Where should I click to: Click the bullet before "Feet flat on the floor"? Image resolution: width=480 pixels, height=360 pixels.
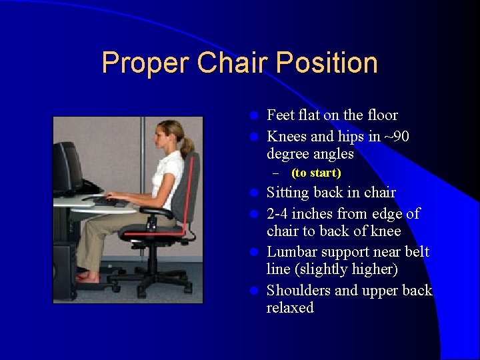coord(253,116)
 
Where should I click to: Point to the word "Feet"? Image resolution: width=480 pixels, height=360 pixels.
coord(280,115)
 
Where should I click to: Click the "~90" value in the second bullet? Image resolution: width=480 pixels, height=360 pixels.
coord(398,137)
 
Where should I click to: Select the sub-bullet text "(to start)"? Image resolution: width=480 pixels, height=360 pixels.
coord(316,173)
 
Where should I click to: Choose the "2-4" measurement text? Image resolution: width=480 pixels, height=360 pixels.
coord(281,214)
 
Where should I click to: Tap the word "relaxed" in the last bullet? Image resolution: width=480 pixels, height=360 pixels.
coord(290,308)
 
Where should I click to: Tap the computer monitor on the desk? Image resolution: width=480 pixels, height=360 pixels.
coord(67,167)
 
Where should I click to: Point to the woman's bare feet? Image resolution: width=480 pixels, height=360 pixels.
coord(86,276)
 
